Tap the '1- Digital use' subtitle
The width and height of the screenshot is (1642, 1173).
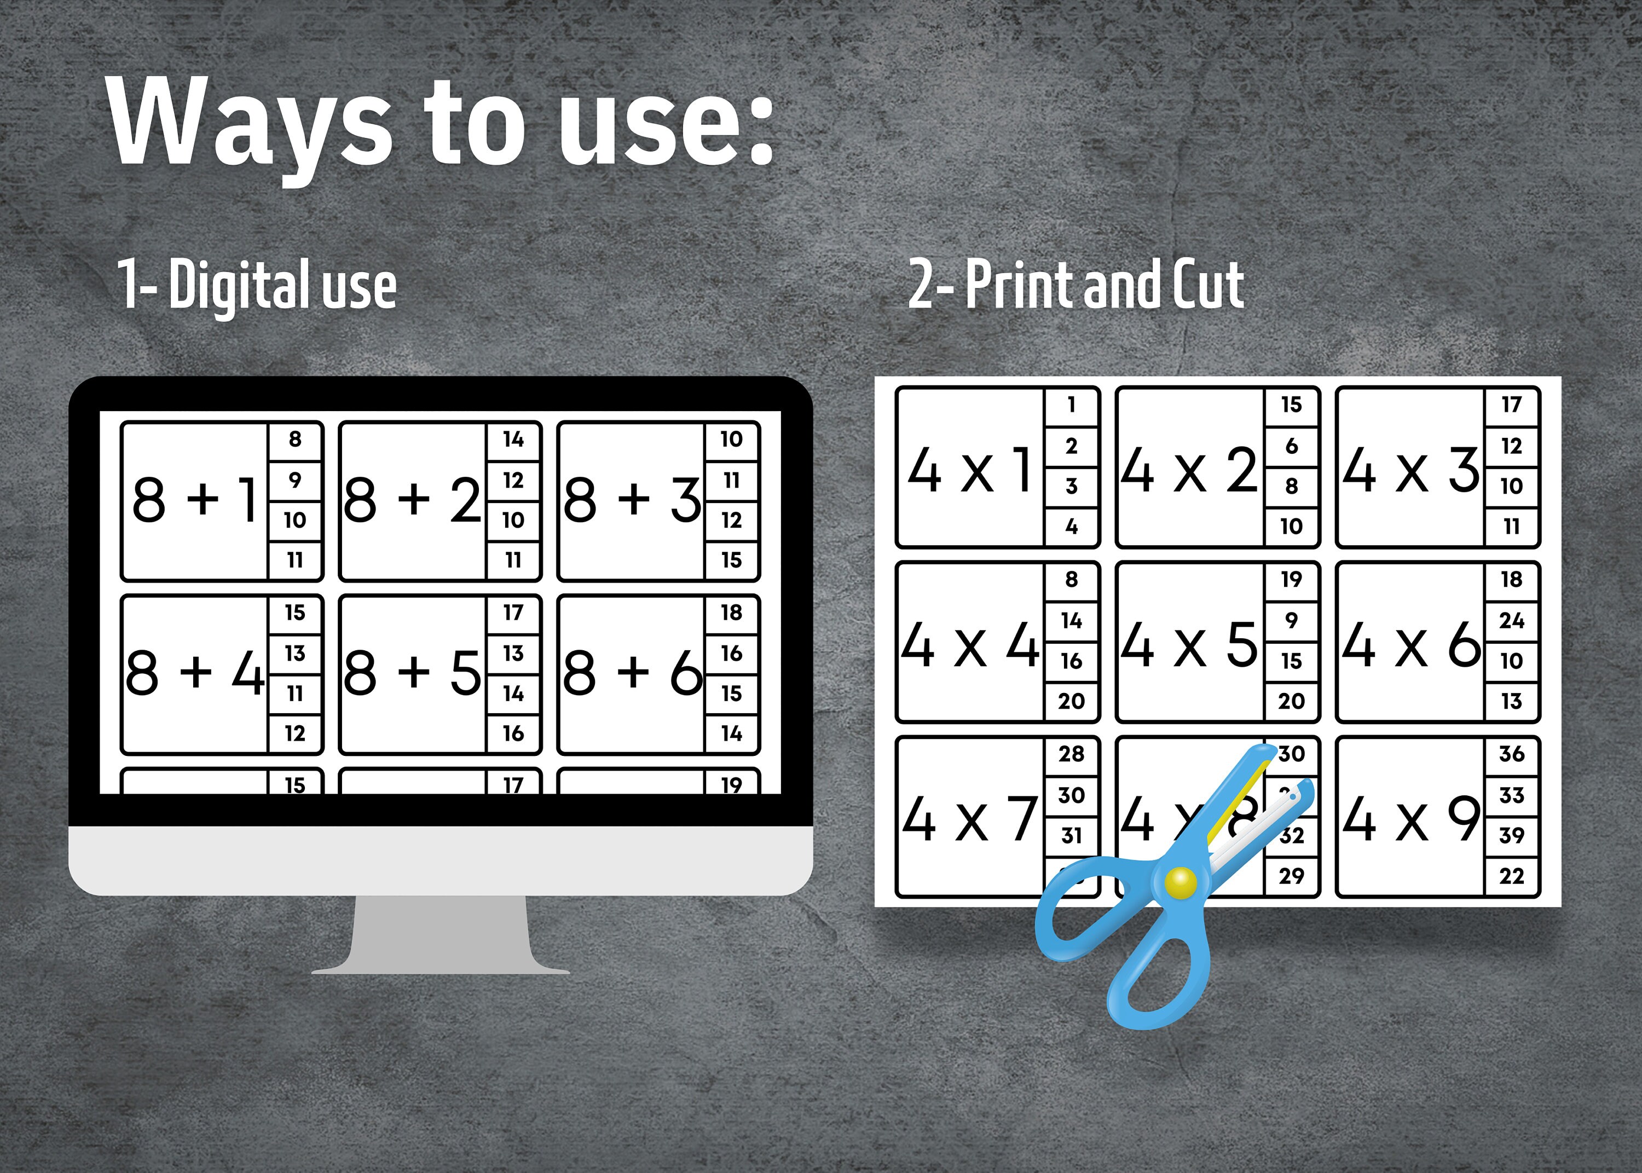pyautogui.click(x=256, y=285)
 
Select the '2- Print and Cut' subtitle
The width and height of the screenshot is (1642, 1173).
pyautogui.click(x=1076, y=285)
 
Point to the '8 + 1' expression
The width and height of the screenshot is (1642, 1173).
pyautogui.click(x=194, y=500)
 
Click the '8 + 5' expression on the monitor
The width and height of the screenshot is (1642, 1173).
pyautogui.click(x=412, y=673)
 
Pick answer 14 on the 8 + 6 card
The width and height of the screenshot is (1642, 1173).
pyautogui.click(x=731, y=734)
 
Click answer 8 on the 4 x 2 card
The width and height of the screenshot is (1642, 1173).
pyautogui.click(x=1291, y=486)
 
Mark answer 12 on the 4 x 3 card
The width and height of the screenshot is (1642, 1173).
pyautogui.click(x=1511, y=446)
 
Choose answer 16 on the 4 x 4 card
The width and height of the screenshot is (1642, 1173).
pyautogui.click(x=1072, y=661)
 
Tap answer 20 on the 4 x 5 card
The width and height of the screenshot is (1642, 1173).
pyautogui.click(x=1291, y=701)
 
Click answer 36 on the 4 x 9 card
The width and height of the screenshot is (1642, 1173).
pyautogui.click(x=1511, y=754)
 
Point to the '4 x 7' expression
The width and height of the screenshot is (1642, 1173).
pyautogui.click(x=970, y=820)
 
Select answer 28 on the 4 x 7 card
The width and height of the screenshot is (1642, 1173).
pyautogui.click(x=1072, y=754)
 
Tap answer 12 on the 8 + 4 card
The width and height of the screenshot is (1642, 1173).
pyautogui.click(x=294, y=734)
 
